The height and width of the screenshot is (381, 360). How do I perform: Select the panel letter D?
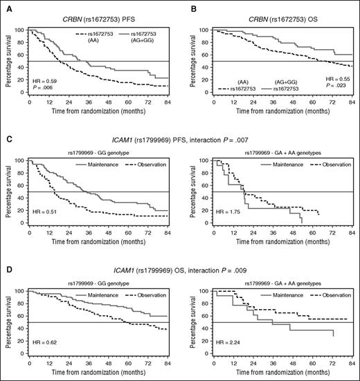coord(5,259)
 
